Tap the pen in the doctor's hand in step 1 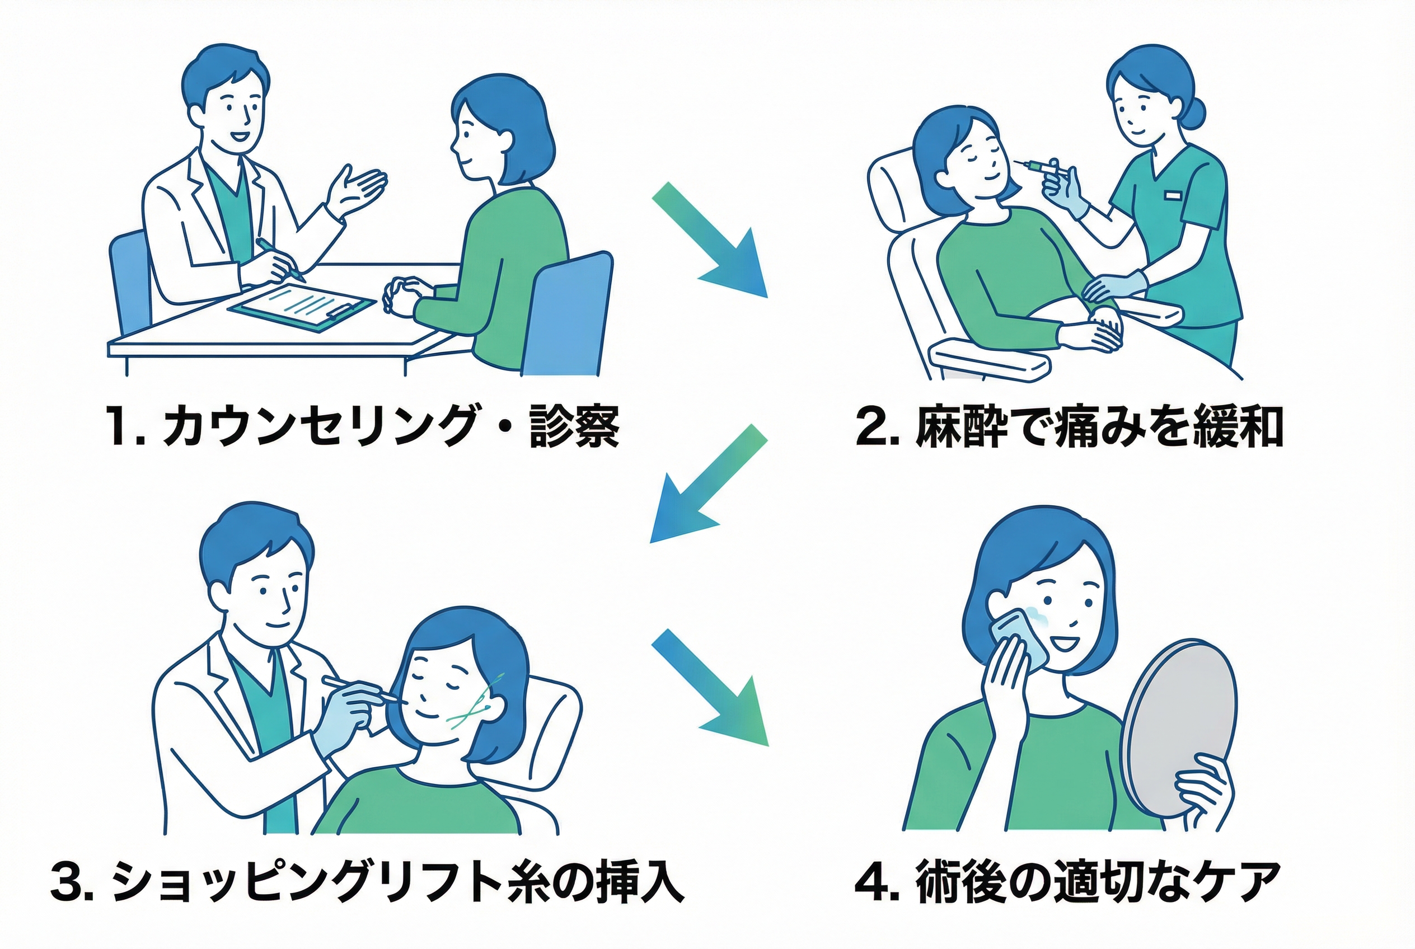click(280, 259)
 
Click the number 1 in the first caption click(119, 427)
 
